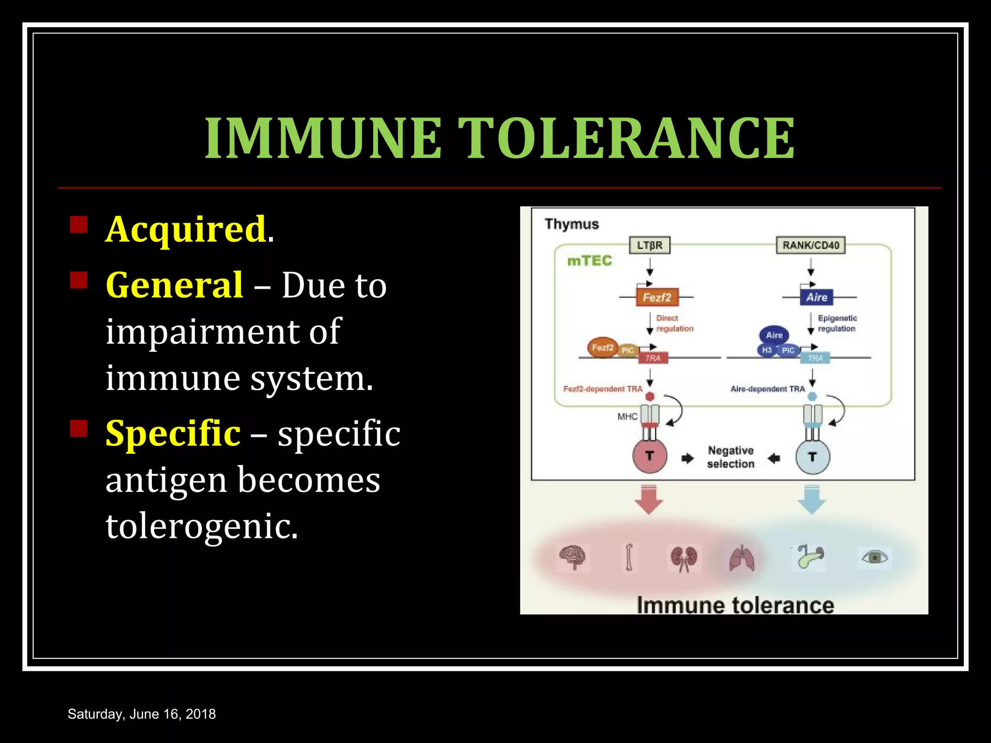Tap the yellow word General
[174, 285]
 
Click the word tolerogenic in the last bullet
[202, 526]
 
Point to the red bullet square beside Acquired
[78, 225]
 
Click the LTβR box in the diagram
[649, 245]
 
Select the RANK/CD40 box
[811, 245]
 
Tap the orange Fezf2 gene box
[657, 297]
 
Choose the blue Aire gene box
[817, 297]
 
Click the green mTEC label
[589, 261]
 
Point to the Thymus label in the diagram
[571, 224]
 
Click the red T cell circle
[649, 456]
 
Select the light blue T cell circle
[812, 457]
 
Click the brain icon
[572, 557]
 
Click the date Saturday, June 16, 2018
[142, 714]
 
